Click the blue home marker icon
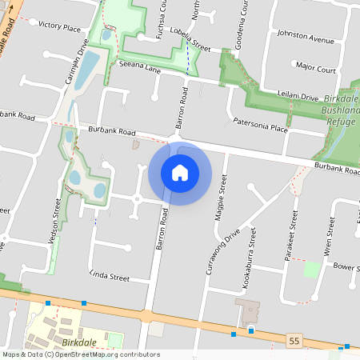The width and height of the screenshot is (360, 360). pyautogui.click(x=180, y=173)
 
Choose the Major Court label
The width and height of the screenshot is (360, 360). pyautogui.click(x=315, y=69)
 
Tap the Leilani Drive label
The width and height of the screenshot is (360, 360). pyautogui.click(x=298, y=96)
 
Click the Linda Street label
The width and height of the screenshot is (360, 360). pyautogui.click(x=110, y=276)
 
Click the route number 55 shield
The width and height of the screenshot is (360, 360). pyautogui.click(x=294, y=342)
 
